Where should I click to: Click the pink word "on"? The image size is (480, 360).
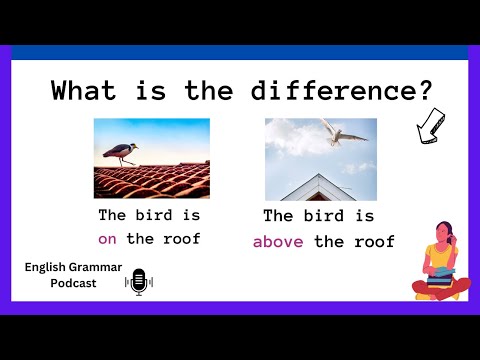click(x=107, y=238)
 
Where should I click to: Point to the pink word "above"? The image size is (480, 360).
click(x=279, y=242)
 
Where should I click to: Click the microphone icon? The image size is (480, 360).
click(x=139, y=283)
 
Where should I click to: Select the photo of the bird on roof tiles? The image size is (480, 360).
click(x=151, y=159)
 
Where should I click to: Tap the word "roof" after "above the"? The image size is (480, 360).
click(x=373, y=242)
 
